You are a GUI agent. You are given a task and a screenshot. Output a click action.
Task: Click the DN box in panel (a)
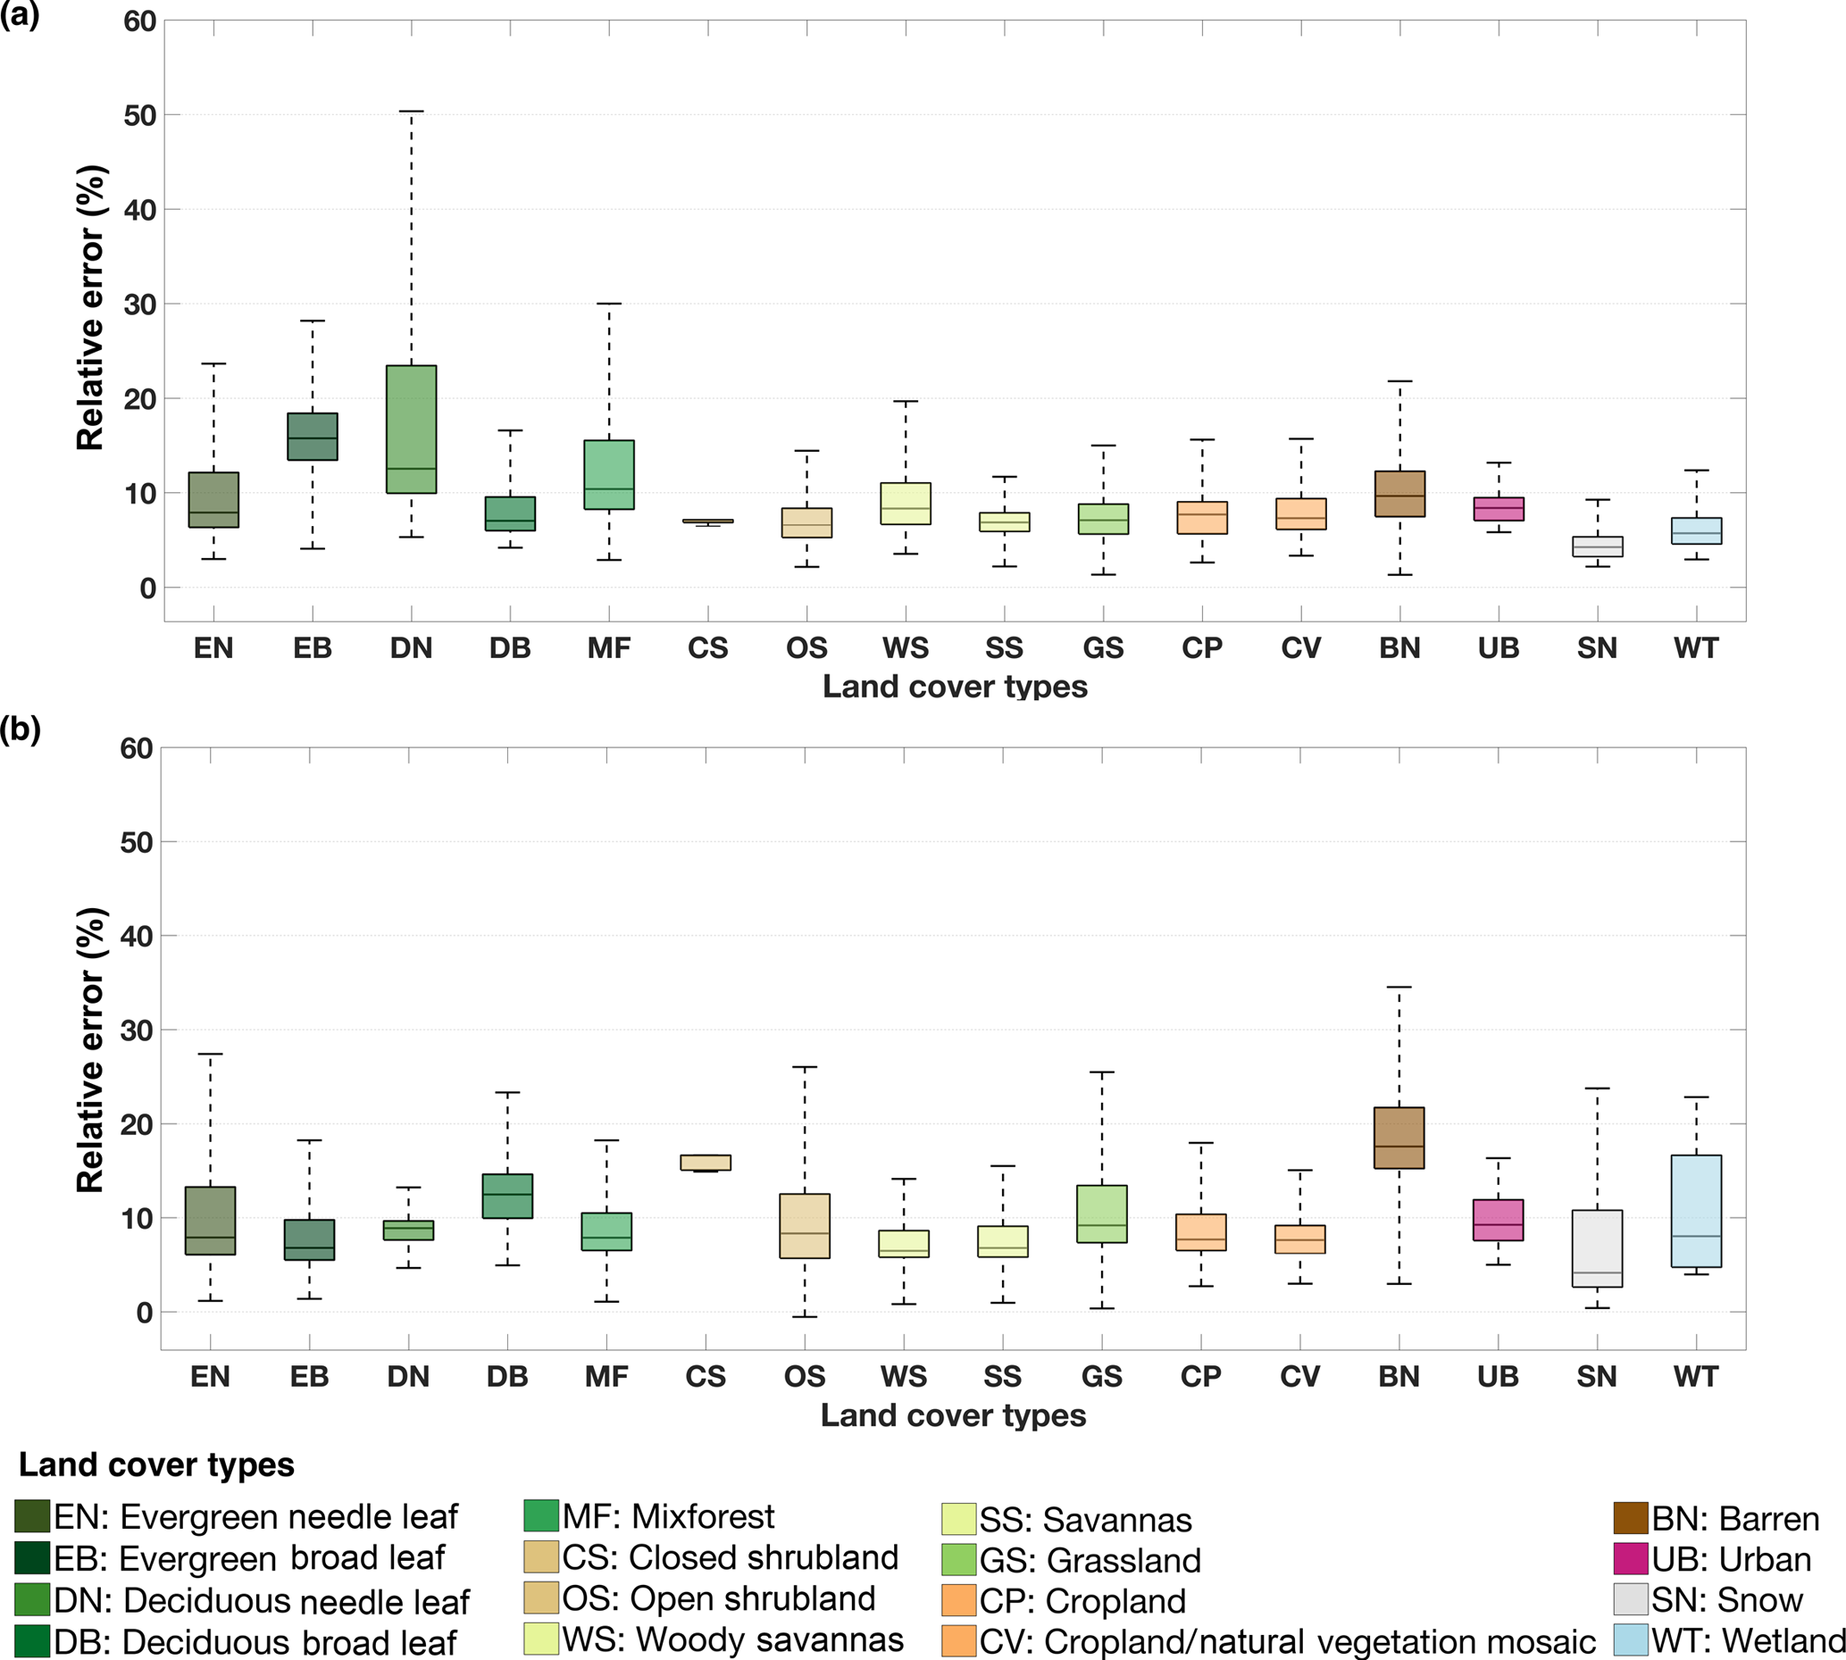412,429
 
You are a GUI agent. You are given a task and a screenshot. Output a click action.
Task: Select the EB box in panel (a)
313,436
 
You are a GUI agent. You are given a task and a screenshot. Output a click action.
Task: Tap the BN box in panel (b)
1399,1138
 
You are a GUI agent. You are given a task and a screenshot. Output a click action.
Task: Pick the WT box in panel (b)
1697,1210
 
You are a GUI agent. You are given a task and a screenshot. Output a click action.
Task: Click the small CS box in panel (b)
706,1162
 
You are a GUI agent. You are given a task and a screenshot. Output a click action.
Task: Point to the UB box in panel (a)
1499,509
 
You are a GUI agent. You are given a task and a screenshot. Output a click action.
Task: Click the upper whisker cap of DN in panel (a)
412,112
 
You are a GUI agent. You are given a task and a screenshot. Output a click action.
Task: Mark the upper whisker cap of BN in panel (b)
1399,987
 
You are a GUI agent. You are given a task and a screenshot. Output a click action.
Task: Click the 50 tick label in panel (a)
139,116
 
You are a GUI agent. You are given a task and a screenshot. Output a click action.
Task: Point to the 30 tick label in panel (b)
137,1030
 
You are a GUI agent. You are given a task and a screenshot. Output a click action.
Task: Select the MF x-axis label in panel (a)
608,648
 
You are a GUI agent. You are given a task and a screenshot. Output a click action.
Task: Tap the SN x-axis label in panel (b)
1596,1376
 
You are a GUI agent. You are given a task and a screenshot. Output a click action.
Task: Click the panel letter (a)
20,14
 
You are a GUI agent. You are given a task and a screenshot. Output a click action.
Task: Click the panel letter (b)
20,729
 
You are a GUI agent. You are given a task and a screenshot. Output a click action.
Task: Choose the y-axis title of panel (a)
91,307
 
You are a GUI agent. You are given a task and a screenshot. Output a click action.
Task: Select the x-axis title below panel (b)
953,1414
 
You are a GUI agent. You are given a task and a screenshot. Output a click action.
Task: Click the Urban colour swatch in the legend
1630,1559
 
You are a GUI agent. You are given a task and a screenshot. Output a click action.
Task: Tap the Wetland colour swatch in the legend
1630,1639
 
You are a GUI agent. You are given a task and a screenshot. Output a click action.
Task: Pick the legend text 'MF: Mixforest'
668,1517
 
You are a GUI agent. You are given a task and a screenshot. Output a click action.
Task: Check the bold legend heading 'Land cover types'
156,1464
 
